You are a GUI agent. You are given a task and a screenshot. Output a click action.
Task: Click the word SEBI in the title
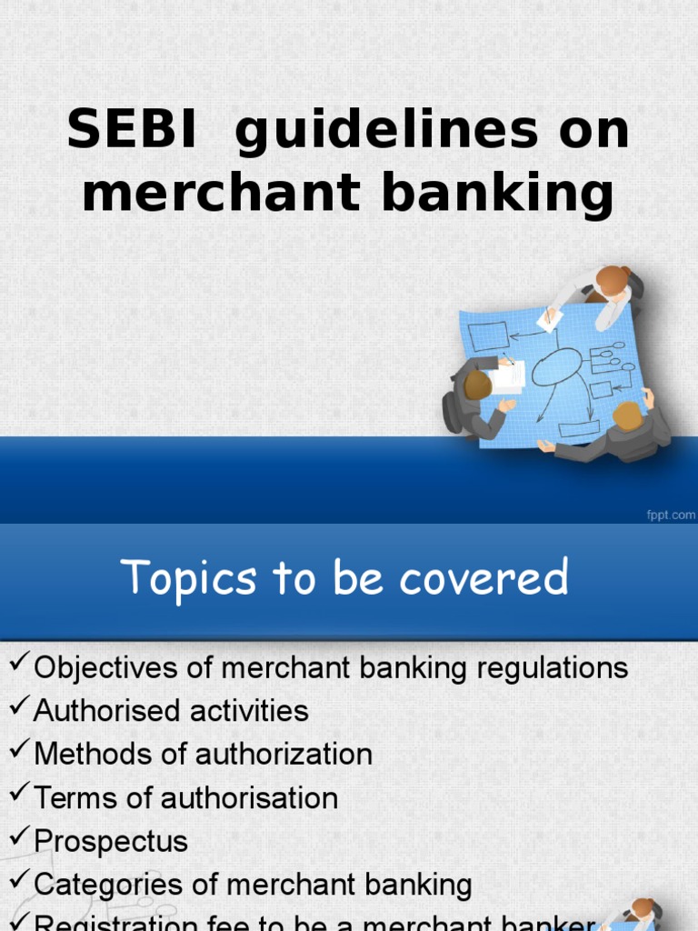(131, 131)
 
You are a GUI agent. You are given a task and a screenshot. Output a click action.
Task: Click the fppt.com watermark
(670, 515)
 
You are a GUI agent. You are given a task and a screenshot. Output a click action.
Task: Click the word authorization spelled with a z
(284, 755)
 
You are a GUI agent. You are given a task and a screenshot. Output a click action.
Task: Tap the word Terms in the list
(73, 798)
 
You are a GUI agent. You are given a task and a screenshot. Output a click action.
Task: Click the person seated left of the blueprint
(474, 396)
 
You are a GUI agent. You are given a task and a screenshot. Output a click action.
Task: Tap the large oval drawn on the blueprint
(556, 366)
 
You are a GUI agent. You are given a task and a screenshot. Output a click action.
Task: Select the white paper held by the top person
(550, 318)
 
